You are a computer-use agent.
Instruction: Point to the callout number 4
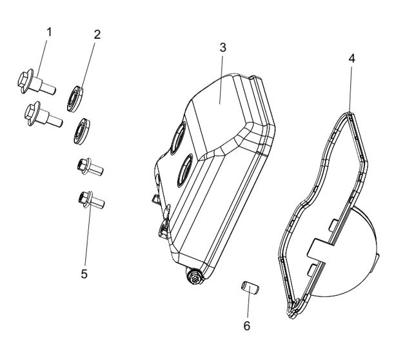tap(350, 57)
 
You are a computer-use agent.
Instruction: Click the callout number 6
tap(246, 326)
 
